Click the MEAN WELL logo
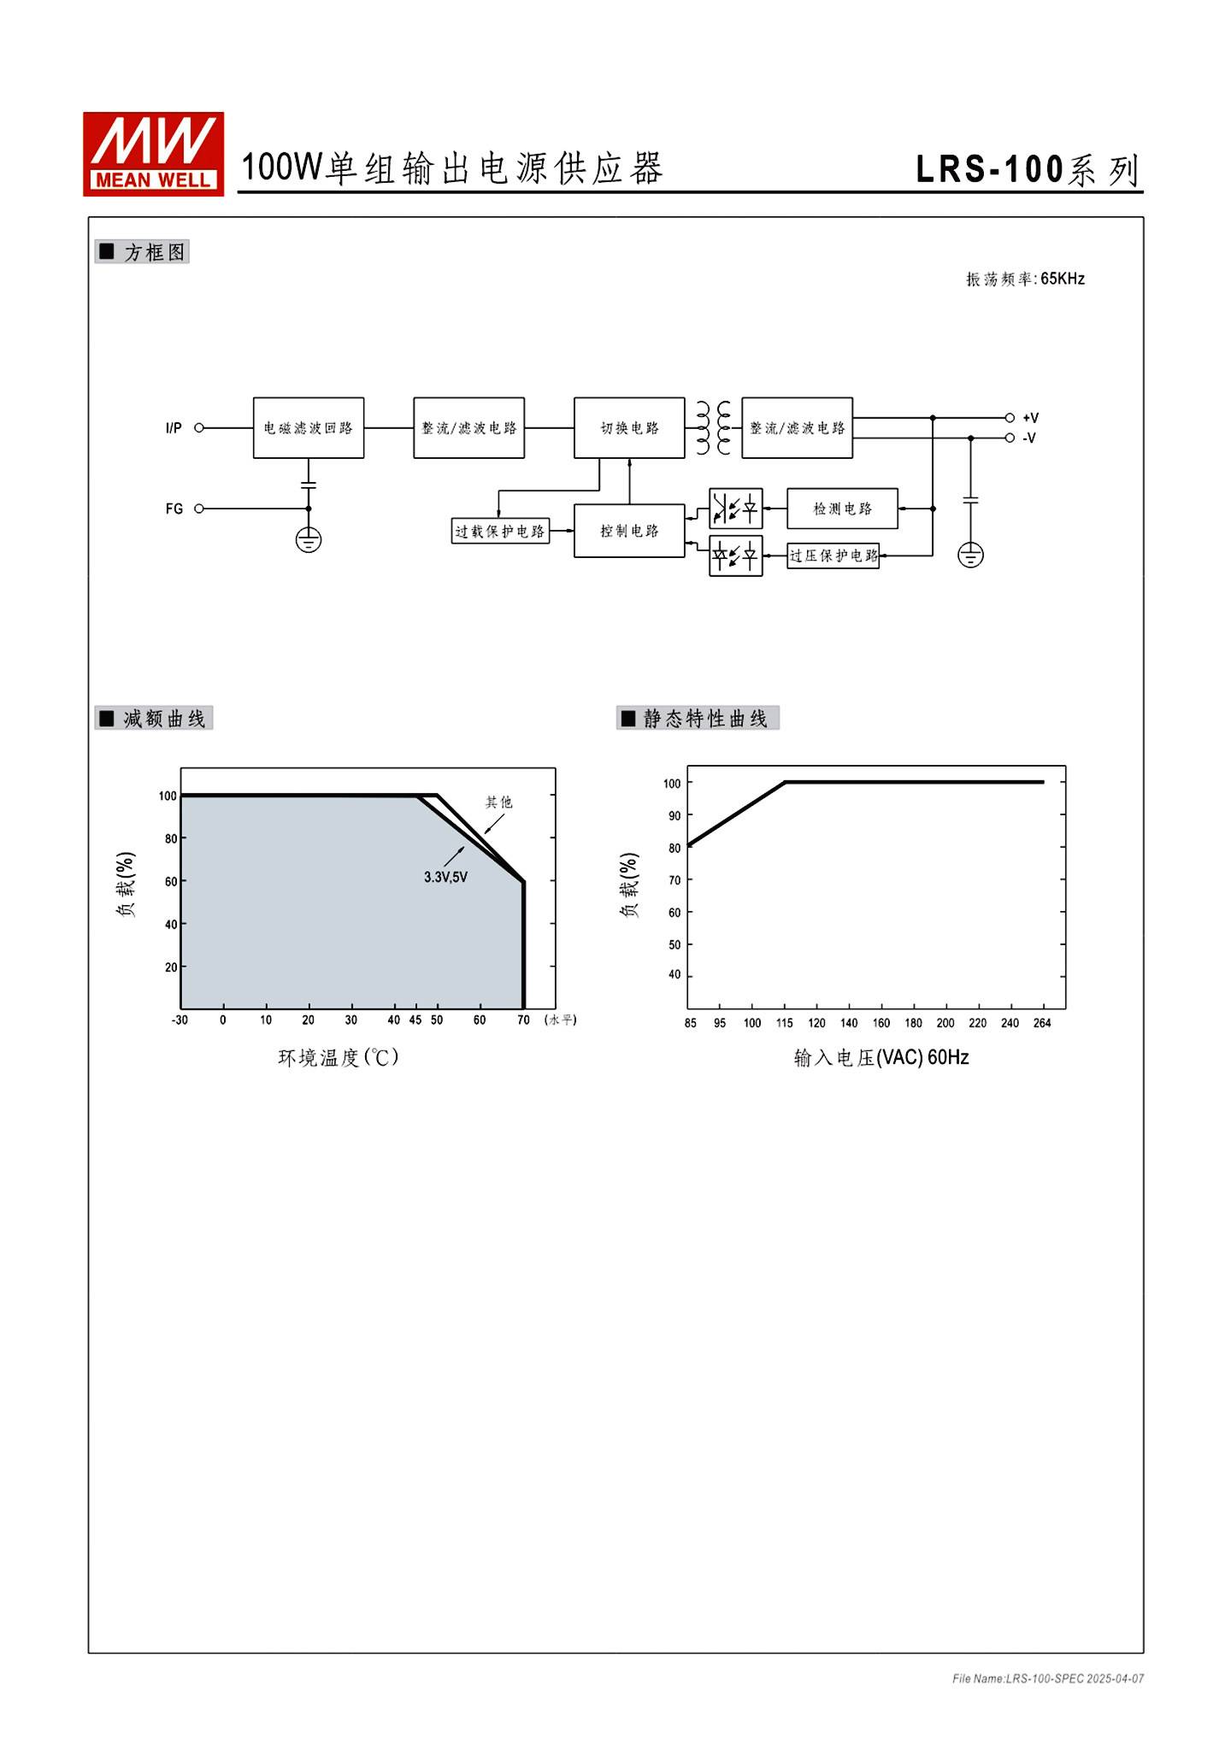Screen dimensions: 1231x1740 click(153, 154)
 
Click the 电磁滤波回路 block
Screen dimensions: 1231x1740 click(309, 427)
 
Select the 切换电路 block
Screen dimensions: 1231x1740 click(629, 427)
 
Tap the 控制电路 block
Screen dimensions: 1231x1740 click(629, 531)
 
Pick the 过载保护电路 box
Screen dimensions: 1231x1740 click(500, 531)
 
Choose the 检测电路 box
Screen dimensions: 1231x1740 click(842, 508)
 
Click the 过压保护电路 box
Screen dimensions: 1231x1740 click(833, 556)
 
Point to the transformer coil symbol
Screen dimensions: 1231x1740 click(714, 427)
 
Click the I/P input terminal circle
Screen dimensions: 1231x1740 click(199, 427)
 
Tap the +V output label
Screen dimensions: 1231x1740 click(1030, 418)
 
